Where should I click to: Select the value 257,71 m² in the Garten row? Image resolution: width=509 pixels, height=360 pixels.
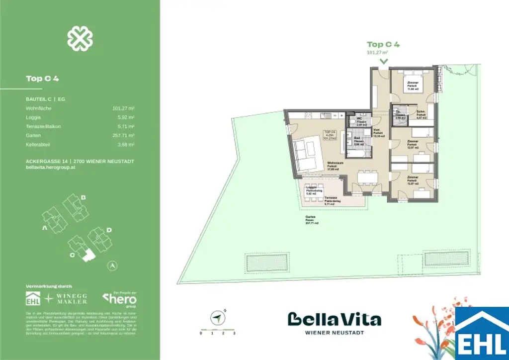[124, 135]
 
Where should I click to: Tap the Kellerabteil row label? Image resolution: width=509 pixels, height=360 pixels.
[38, 144]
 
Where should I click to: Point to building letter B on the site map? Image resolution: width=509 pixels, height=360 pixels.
[84, 197]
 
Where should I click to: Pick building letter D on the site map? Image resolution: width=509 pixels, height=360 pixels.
[109, 230]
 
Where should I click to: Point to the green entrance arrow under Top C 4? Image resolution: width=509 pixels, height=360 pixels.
[383, 61]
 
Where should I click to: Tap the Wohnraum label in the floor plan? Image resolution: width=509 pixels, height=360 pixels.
[333, 166]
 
